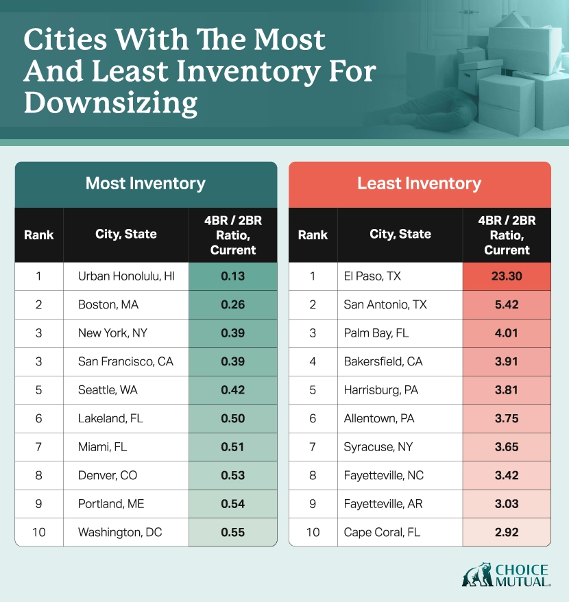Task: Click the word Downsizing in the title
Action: click(x=110, y=105)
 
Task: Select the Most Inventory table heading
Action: click(x=145, y=184)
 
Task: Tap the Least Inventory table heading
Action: click(x=419, y=184)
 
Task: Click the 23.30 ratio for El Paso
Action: click(x=507, y=276)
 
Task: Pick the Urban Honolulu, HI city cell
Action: click(x=126, y=276)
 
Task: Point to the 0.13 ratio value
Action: click(x=233, y=276)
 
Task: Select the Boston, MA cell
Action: click(x=108, y=304)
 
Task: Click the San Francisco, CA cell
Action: click(x=125, y=361)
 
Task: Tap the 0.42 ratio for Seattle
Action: click(x=233, y=389)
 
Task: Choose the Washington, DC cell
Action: click(x=120, y=531)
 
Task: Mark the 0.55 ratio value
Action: click(x=233, y=531)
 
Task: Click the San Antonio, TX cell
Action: click(x=385, y=304)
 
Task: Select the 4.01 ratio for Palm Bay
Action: click(x=507, y=333)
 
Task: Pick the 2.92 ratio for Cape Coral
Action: click(x=507, y=531)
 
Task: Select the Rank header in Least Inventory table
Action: click(x=313, y=234)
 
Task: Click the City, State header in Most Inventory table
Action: click(x=126, y=234)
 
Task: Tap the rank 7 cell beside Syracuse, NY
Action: click(x=313, y=446)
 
